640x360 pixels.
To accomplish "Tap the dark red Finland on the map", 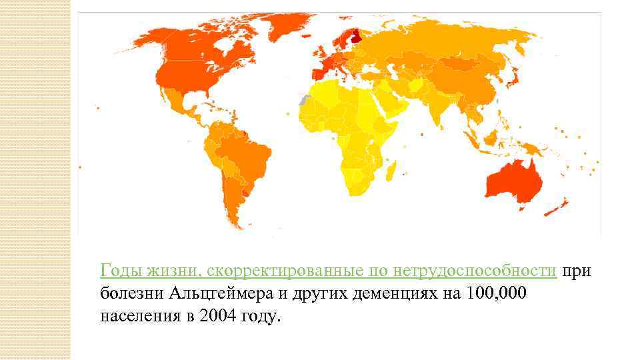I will coord(357,35).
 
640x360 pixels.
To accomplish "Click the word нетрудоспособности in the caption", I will coord(475,271).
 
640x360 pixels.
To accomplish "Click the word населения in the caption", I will coord(137,316).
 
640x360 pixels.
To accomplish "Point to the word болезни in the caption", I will coord(132,293).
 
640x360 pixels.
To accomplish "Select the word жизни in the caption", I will coord(169,271).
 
